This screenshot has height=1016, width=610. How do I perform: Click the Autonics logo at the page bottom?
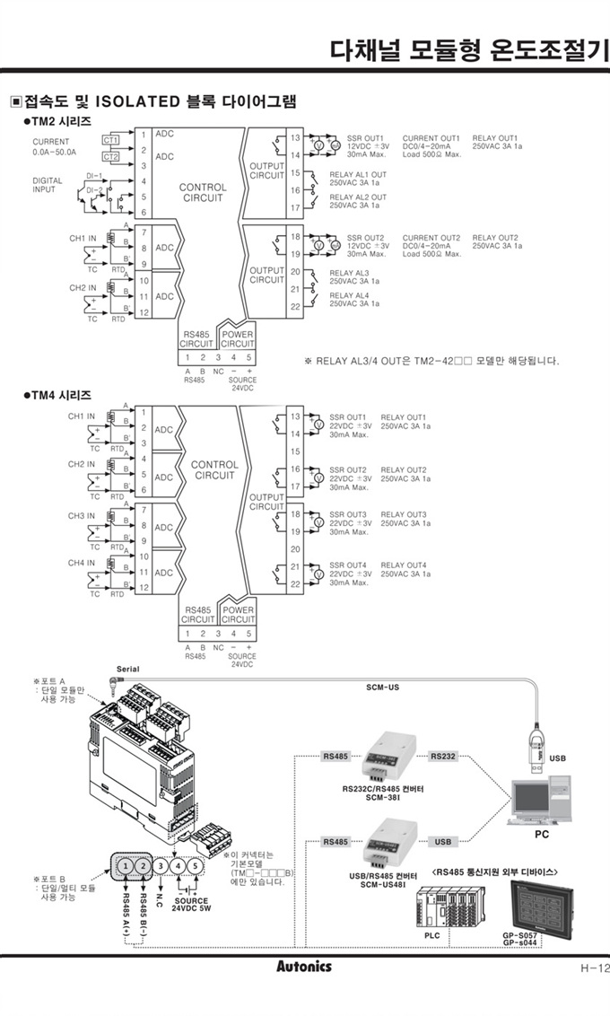pyautogui.click(x=304, y=967)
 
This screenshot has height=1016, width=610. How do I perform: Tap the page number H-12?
pyautogui.click(x=593, y=968)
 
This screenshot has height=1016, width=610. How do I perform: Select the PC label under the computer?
pyautogui.click(x=541, y=834)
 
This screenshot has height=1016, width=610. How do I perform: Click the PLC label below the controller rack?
pyautogui.click(x=432, y=934)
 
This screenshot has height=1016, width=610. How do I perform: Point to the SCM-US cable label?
pyautogui.click(x=383, y=688)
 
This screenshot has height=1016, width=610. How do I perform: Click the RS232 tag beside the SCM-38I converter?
pyautogui.click(x=443, y=756)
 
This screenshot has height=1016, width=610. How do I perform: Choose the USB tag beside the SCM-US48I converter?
pyautogui.click(x=443, y=842)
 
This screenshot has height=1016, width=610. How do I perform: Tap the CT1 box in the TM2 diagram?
pyautogui.click(x=110, y=139)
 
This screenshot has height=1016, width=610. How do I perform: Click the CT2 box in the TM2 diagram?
pyautogui.click(x=110, y=157)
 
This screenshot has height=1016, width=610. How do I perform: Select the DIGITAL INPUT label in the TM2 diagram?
pyautogui.click(x=48, y=185)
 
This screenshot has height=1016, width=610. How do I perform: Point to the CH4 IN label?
pyautogui.click(x=82, y=563)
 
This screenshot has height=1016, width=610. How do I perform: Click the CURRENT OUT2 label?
pyautogui.click(x=431, y=238)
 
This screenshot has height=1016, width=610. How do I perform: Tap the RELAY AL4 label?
pyautogui.click(x=349, y=295)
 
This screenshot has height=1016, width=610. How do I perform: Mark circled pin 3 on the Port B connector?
pyautogui.click(x=160, y=867)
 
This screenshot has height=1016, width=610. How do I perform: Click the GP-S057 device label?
pyautogui.click(x=520, y=934)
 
